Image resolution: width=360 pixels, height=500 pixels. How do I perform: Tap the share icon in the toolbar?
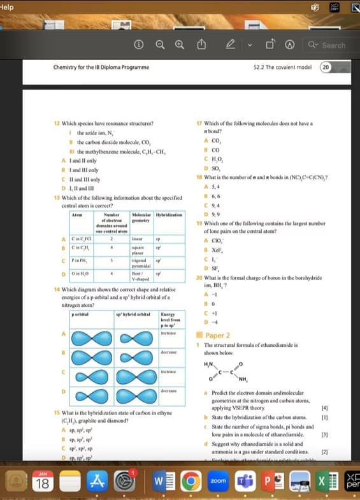(x=202, y=45)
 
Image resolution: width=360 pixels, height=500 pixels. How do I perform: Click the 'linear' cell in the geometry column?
(x=138, y=238)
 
